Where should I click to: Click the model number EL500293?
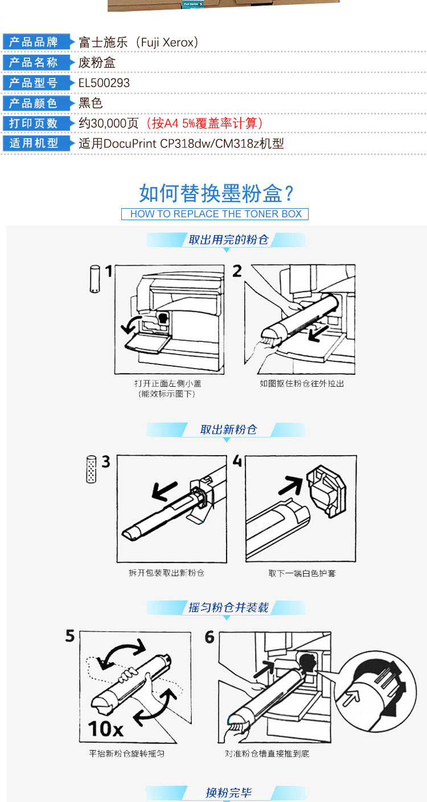(x=104, y=83)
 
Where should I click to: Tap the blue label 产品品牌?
(x=34, y=42)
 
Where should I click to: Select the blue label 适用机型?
(x=34, y=143)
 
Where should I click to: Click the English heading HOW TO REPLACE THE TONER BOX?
(x=216, y=214)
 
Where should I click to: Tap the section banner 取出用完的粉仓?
(x=228, y=239)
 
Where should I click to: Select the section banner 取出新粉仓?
(x=228, y=429)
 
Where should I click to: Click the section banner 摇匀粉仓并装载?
(x=228, y=607)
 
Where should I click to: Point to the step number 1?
(x=109, y=271)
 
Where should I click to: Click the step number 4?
(x=237, y=461)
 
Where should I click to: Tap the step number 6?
(x=210, y=637)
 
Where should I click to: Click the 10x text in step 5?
(x=106, y=728)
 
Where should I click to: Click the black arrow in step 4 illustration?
(x=291, y=485)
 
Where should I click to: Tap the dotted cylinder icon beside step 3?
(x=92, y=469)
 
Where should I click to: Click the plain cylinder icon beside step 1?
(x=95, y=279)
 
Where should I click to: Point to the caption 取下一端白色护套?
(x=302, y=573)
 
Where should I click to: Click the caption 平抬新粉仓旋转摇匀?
(x=126, y=754)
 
